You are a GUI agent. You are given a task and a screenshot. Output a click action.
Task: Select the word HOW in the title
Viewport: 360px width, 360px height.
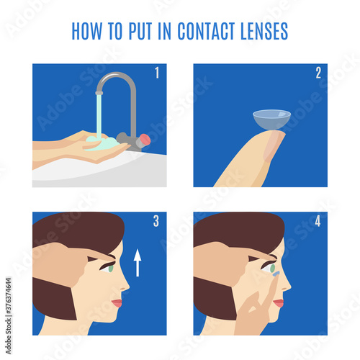pos(87,32)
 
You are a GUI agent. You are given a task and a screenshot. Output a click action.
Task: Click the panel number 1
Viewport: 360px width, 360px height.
pos(156,73)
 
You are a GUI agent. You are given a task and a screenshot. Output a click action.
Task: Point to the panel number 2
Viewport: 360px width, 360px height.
pos(317,73)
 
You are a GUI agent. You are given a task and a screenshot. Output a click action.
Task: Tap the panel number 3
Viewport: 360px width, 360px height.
pos(156,221)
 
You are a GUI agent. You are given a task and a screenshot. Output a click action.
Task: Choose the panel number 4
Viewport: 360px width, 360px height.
pos(317,221)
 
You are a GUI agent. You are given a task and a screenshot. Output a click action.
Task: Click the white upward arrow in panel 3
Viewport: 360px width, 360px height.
pos(138,262)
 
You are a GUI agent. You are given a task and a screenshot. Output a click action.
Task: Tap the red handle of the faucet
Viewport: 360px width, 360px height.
pos(144,138)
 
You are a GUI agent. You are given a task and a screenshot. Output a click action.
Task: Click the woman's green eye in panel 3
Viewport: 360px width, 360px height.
pos(109,268)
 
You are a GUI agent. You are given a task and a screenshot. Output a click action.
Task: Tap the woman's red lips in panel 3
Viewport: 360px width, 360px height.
pos(117,302)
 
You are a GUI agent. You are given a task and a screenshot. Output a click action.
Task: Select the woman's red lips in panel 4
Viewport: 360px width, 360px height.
pos(278,302)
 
